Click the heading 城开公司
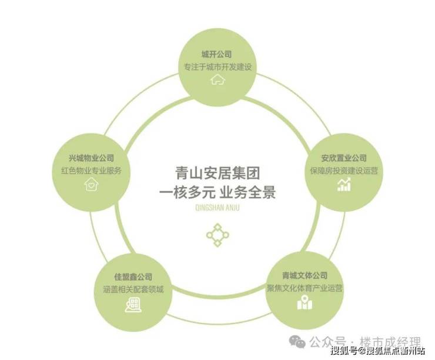pyautogui.click(x=216, y=54)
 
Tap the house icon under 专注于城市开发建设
pyautogui.click(x=217, y=79)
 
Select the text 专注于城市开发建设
pyautogui.click(x=217, y=67)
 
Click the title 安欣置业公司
pyautogui.click(x=344, y=158)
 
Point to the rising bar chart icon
pyautogui.click(x=344, y=184)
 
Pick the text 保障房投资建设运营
pyautogui.click(x=344, y=171)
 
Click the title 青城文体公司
pyautogui.click(x=304, y=276)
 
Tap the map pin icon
pyautogui.click(x=304, y=302)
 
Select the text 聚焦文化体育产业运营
pyautogui.click(x=304, y=288)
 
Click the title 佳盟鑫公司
pyautogui.click(x=133, y=276)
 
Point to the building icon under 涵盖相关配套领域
pyautogui.click(x=133, y=305)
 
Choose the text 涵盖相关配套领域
pyautogui.click(x=133, y=289)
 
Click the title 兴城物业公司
pyautogui.click(x=91, y=158)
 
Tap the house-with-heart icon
pyautogui.click(x=91, y=184)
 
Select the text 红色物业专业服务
pyautogui.click(x=92, y=171)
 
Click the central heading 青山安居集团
pyautogui.click(x=217, y=173)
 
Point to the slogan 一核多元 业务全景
pyautogui.click(x=217, y=192)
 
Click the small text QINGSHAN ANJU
pyautogui.click(x=217, y=208)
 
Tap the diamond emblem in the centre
pyautogui.click(x=217, y=235)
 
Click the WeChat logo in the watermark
pyautogui.click(x=297, y=341)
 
